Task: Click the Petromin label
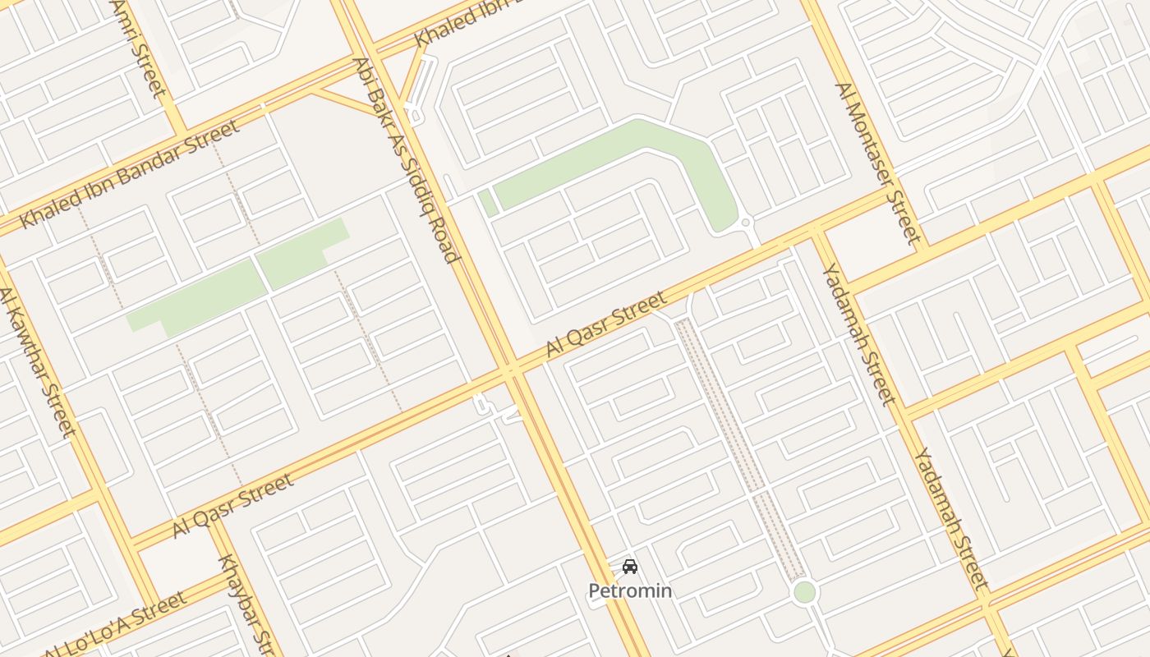click(x=630, y=590)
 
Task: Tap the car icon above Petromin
click(x=630, y=567)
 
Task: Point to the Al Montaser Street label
click(x=875, y=163)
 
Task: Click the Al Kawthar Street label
click(x=37, y=361)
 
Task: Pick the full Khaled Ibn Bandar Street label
click(x=130, y=174)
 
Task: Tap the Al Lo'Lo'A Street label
click(x=115, y=625)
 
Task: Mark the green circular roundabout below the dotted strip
click(x=805, y=592)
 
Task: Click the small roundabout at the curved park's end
click(x=745, y=223)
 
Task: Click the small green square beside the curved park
click(x=488, y=203)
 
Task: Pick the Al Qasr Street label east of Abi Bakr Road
click(x=606, y=324)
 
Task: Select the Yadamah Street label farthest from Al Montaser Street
click(x=950, y=517)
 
